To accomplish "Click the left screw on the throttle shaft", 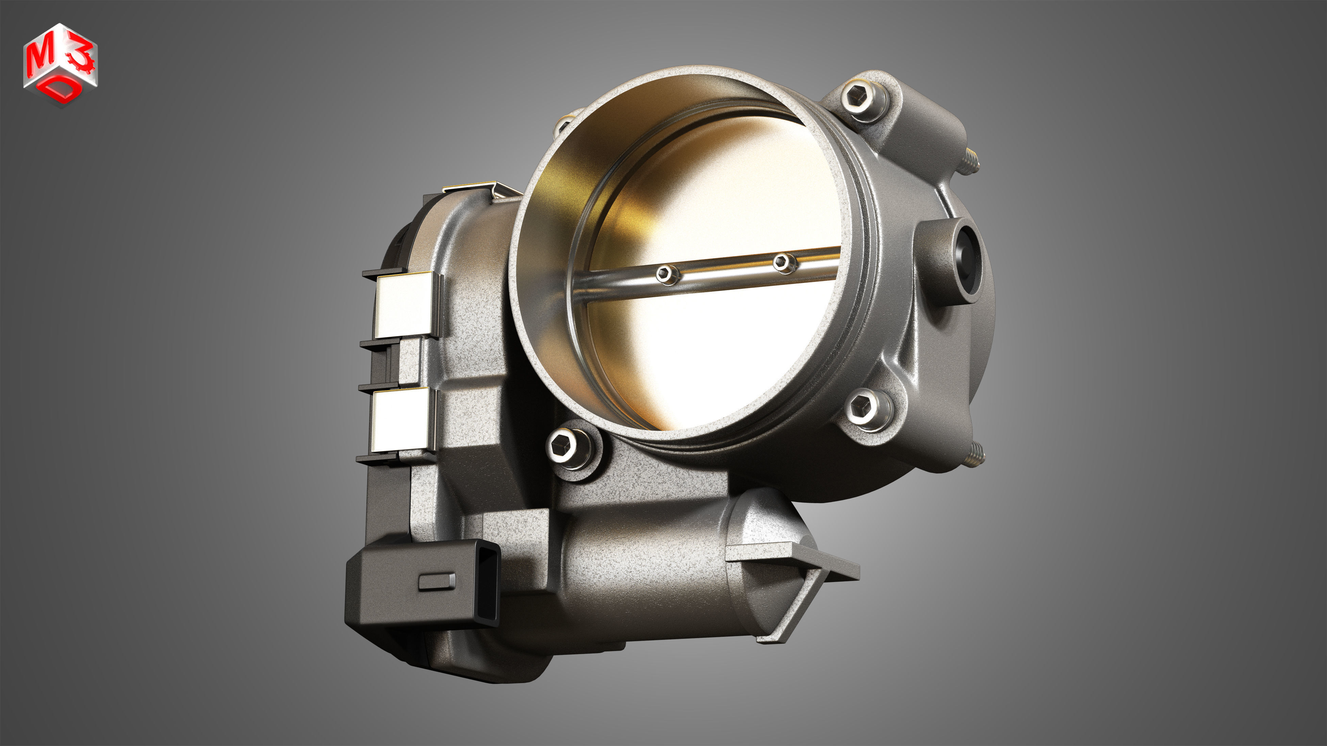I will point(665,273).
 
